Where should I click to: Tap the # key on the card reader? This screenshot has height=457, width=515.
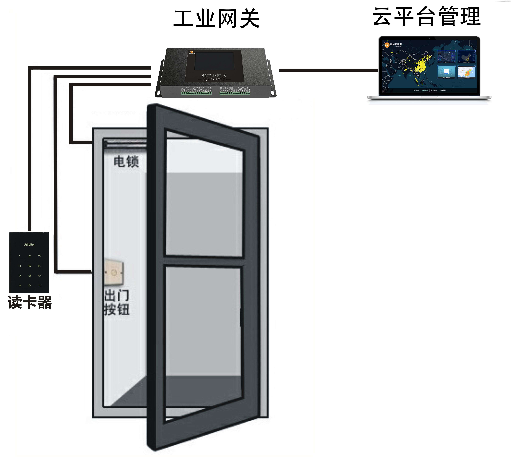click(40, 285)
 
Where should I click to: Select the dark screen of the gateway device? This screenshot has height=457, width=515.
click(214, 61)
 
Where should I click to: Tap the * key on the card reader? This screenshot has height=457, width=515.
click(20, 285)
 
